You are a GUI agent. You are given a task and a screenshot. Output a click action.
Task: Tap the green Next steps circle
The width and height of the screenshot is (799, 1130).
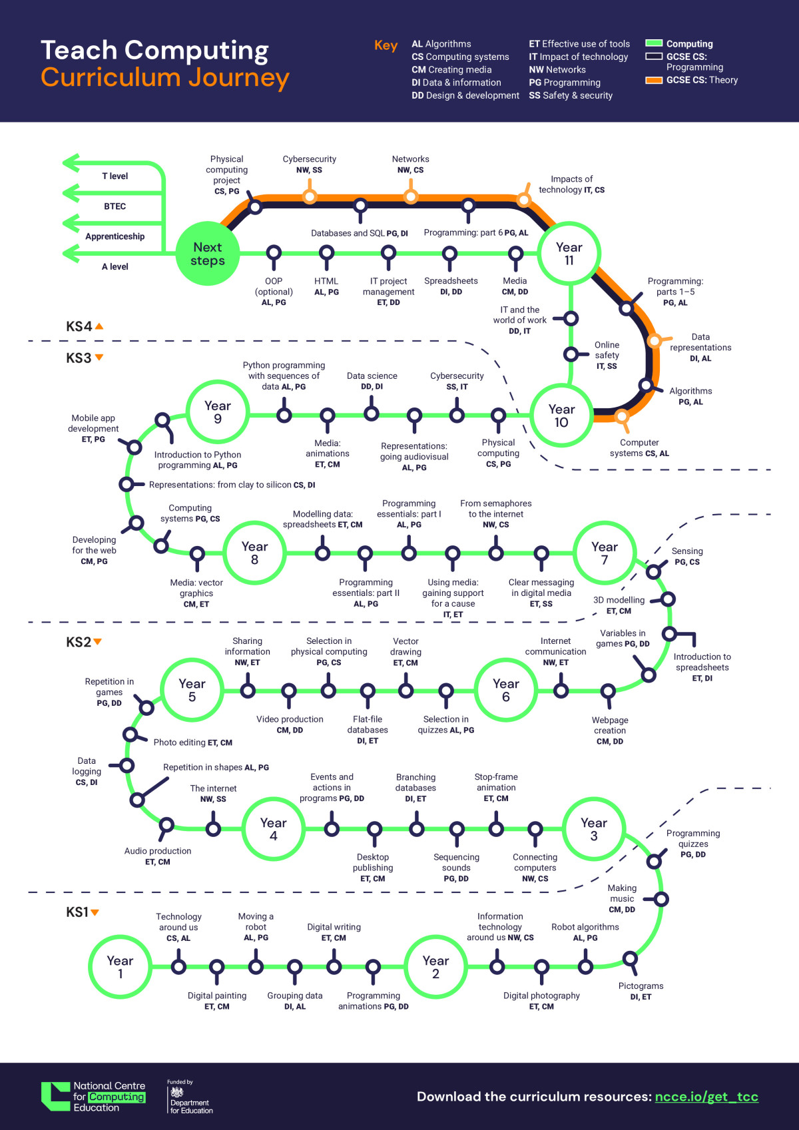207,253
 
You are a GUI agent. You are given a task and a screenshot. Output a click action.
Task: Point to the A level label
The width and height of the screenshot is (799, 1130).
115,266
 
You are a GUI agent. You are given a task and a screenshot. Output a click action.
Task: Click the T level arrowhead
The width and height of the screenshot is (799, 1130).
71,163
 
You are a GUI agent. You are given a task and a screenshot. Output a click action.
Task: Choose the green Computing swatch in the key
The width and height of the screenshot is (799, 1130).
654,43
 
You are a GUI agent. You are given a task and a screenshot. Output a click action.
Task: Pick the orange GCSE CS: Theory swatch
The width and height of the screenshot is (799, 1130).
654,80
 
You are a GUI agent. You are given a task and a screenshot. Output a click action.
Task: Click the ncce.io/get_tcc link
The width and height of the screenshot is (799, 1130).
706,1096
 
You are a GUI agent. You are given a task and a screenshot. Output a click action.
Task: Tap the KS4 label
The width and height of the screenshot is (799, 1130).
79,326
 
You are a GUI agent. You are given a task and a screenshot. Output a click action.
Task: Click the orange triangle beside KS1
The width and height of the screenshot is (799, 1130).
95,912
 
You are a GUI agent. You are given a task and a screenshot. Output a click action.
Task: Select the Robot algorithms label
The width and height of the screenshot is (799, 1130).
585,927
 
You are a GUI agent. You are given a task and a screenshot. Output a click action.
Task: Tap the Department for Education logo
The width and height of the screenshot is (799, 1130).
190,1097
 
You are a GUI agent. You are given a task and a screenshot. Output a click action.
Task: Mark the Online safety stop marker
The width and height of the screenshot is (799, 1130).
571,354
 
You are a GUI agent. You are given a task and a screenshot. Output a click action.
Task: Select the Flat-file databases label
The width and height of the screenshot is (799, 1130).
368,724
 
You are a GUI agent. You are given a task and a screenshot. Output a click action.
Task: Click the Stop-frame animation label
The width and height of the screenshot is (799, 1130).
496,782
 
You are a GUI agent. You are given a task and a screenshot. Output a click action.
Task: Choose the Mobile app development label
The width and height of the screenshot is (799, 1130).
93,424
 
